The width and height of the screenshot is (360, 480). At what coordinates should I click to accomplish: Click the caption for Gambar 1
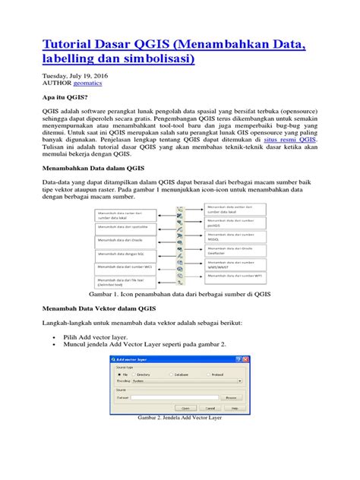pyautogui.click(x=180, y=292)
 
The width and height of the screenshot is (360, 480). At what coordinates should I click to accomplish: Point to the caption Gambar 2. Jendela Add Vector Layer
pyautogui.click(x=179, y=418)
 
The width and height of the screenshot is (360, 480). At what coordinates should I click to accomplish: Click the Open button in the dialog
pyautogui.click(x=185, y=408)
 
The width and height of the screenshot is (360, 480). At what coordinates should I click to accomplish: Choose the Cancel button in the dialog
pyautogui.click(x=209, y=408)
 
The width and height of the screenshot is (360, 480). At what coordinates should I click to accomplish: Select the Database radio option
pyautogui.click(x=171, y=374)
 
